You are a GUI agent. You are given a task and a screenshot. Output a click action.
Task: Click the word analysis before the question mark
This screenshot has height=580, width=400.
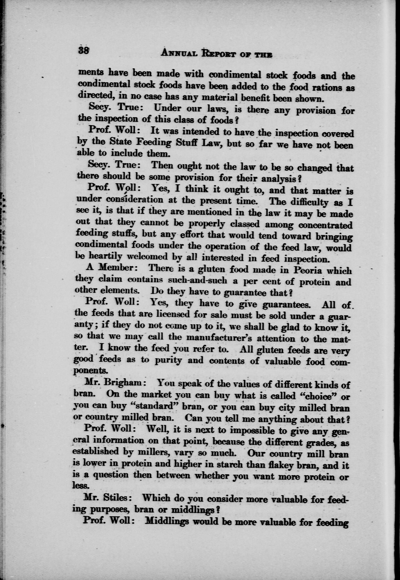(278, 178)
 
